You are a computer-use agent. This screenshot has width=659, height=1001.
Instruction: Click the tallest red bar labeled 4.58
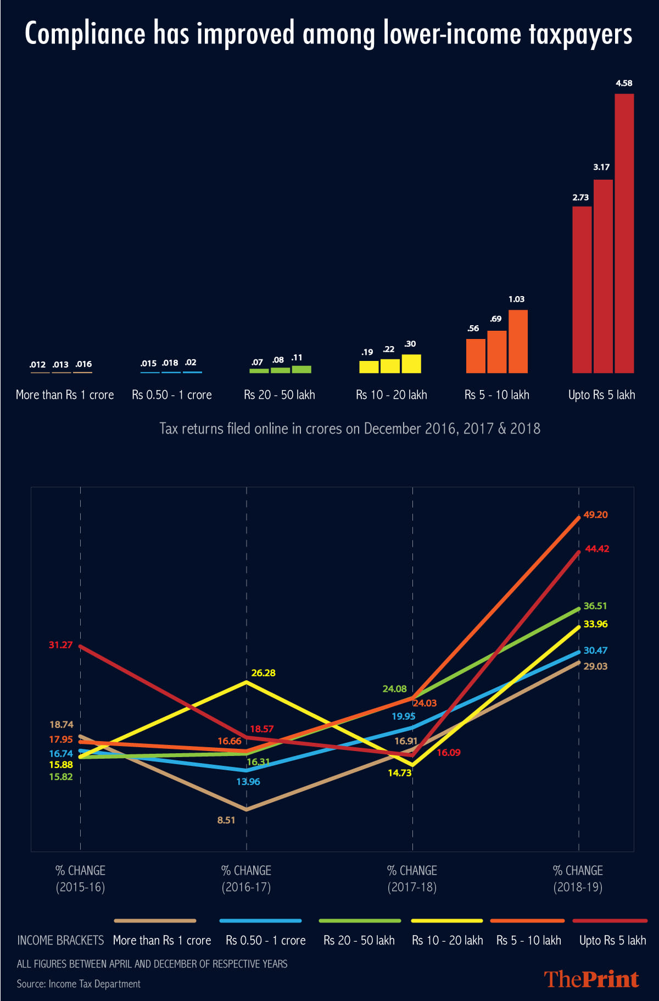[624, 233]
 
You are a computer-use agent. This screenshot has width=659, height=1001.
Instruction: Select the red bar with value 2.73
[582, 290]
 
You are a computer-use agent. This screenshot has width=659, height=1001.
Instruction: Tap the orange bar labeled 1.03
[518, 341]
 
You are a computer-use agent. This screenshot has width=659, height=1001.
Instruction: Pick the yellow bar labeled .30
[411, 364]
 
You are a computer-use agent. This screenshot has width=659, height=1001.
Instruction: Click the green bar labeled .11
[301, 369]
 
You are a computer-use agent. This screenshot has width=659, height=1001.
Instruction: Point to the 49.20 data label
[595, 515]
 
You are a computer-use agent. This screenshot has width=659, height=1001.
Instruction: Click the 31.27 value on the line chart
[60, 645]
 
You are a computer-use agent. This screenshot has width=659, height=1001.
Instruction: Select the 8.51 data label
[226, 820]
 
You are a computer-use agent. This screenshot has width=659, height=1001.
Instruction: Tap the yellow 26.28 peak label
[263, 673]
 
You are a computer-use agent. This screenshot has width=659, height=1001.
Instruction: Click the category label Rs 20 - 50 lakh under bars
[280, 395]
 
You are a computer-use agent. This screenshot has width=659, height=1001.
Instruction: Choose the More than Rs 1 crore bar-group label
[65, 395]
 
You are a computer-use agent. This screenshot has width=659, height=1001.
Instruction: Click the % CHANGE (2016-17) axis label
[246, 878]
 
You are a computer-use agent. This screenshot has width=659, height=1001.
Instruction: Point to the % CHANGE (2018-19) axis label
[578, 878]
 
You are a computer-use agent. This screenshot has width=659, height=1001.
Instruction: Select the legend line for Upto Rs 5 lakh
[610, 920]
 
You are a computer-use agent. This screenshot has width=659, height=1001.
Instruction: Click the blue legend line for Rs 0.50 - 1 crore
[260, 920]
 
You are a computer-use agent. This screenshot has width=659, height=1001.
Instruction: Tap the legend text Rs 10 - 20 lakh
[447, 941]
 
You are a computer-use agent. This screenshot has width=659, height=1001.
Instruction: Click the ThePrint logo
[591, 979]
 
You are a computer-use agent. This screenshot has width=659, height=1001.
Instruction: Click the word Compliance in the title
[85, 34]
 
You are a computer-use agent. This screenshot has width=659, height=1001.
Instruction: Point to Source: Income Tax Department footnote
[79, 983]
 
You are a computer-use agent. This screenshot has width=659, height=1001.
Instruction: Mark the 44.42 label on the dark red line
[597, 549]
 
